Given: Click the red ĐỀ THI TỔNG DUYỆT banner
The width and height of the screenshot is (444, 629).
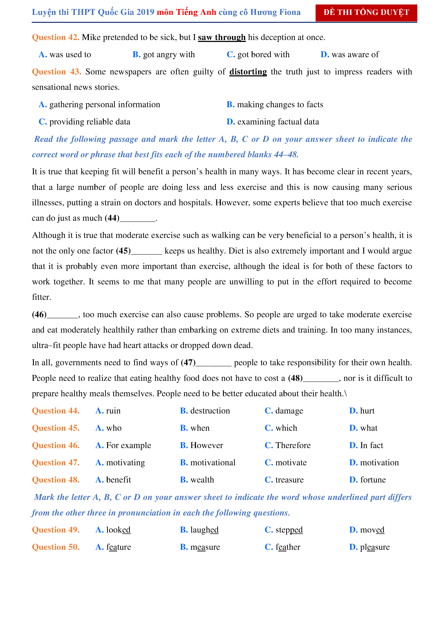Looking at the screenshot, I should [366, 13].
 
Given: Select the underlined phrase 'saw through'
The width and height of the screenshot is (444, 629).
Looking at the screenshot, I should [222, 37].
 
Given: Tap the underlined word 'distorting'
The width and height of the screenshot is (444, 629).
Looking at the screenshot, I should [248, 72].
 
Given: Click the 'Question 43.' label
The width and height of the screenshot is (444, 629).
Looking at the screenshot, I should [56, 72].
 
